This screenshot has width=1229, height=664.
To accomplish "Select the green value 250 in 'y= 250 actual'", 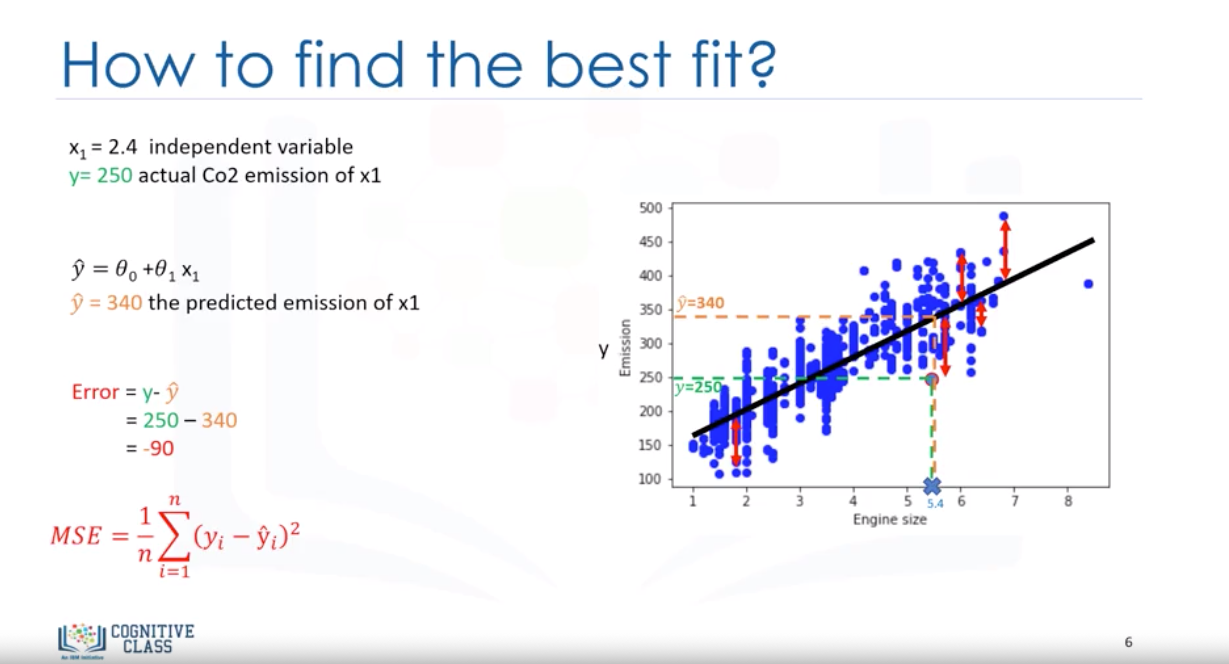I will pyautogui.click(x=115, y=175).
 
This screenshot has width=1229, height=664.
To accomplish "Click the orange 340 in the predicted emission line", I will pyautogui.click(x=124, y=303).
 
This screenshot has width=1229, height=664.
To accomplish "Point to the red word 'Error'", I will pyautogui.click(x=95, y=392).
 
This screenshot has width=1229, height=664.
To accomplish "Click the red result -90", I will pyautogui.click(x=158, y=448).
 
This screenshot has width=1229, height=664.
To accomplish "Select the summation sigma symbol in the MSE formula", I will pyautogui.click(x=175, y=537).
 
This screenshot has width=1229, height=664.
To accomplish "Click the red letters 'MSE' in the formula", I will pyautogui.click(x=76, y=535).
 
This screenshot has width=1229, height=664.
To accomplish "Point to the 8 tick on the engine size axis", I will pyautogui.click(x=1068, y=501).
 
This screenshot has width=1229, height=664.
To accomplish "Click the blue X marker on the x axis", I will pyautogui.click(x=932, y=486).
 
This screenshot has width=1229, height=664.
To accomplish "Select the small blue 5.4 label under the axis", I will pyautogui.click(x=935, y=504).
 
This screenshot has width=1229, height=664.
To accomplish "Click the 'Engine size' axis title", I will pyautogui.click(x=890, y=520).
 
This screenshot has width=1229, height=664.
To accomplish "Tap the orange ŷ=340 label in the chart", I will pyautogui.click(x=700, y=303).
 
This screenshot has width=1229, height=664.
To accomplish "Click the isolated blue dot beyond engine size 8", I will pyautogui.click(x=1088, y=284).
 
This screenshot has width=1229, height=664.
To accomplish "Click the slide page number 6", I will pyautogui.click(x=1128, y=642).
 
